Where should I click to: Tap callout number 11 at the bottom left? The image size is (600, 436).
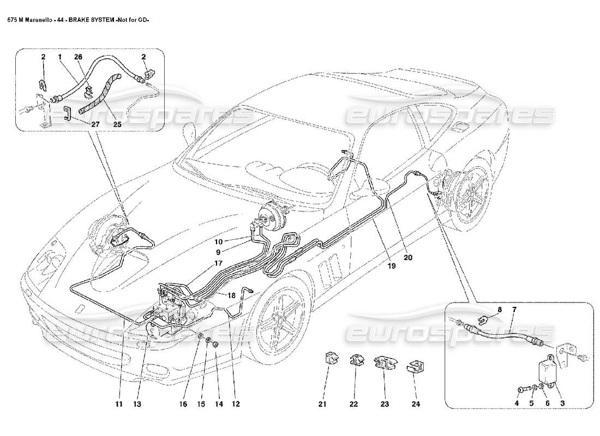click(119, 404)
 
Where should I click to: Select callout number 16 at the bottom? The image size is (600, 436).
click(183, 404)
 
